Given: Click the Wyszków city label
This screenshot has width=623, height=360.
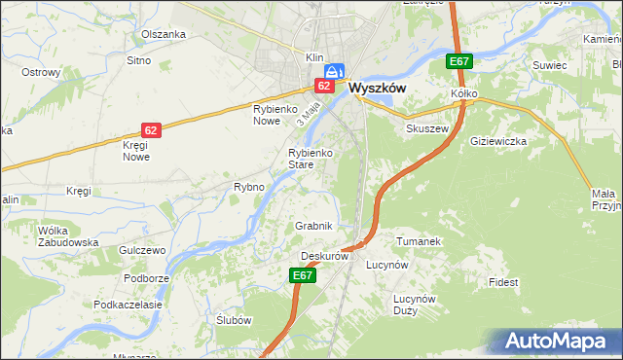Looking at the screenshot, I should point(377,87).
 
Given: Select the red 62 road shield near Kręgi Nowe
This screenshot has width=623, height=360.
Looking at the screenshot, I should point(151,129).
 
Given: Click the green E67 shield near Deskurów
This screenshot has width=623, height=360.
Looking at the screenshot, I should point(303,276).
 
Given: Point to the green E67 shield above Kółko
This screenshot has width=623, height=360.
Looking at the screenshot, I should point(459,61).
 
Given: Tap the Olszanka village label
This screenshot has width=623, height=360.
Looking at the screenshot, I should point(163,34).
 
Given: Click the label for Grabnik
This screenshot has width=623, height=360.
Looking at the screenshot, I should point(314,226).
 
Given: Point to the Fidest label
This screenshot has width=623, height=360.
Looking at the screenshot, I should point(503,282).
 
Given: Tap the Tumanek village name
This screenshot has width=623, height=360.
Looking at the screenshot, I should point(420,240).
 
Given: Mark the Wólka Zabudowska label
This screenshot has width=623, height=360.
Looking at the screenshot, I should point(68,236).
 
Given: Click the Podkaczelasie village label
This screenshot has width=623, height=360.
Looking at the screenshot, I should point(128,305).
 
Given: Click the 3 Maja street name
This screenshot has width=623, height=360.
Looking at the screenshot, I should point(310,115).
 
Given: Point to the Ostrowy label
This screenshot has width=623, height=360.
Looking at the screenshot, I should point(42,73).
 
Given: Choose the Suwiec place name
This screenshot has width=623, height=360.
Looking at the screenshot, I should point(549,65).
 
